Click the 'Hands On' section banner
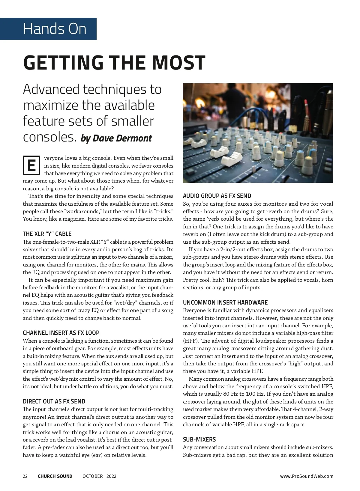coord(55,29)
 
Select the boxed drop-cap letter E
coord(31,165)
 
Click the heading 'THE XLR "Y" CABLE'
coord(47,234)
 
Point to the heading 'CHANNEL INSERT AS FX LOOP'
coord(61,333)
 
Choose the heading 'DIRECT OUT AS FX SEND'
coord(54,401)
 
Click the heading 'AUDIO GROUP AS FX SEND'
coord(217,196)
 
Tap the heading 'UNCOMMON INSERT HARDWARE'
coord(225,302)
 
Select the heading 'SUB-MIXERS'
coord(199,439)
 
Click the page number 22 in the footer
coord(25,476)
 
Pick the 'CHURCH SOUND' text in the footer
coord(55,476)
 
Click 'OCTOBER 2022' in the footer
coord(99,476)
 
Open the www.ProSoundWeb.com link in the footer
coord(307,476)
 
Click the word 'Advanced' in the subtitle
coord(50,90)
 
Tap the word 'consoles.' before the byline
coord(49,137)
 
